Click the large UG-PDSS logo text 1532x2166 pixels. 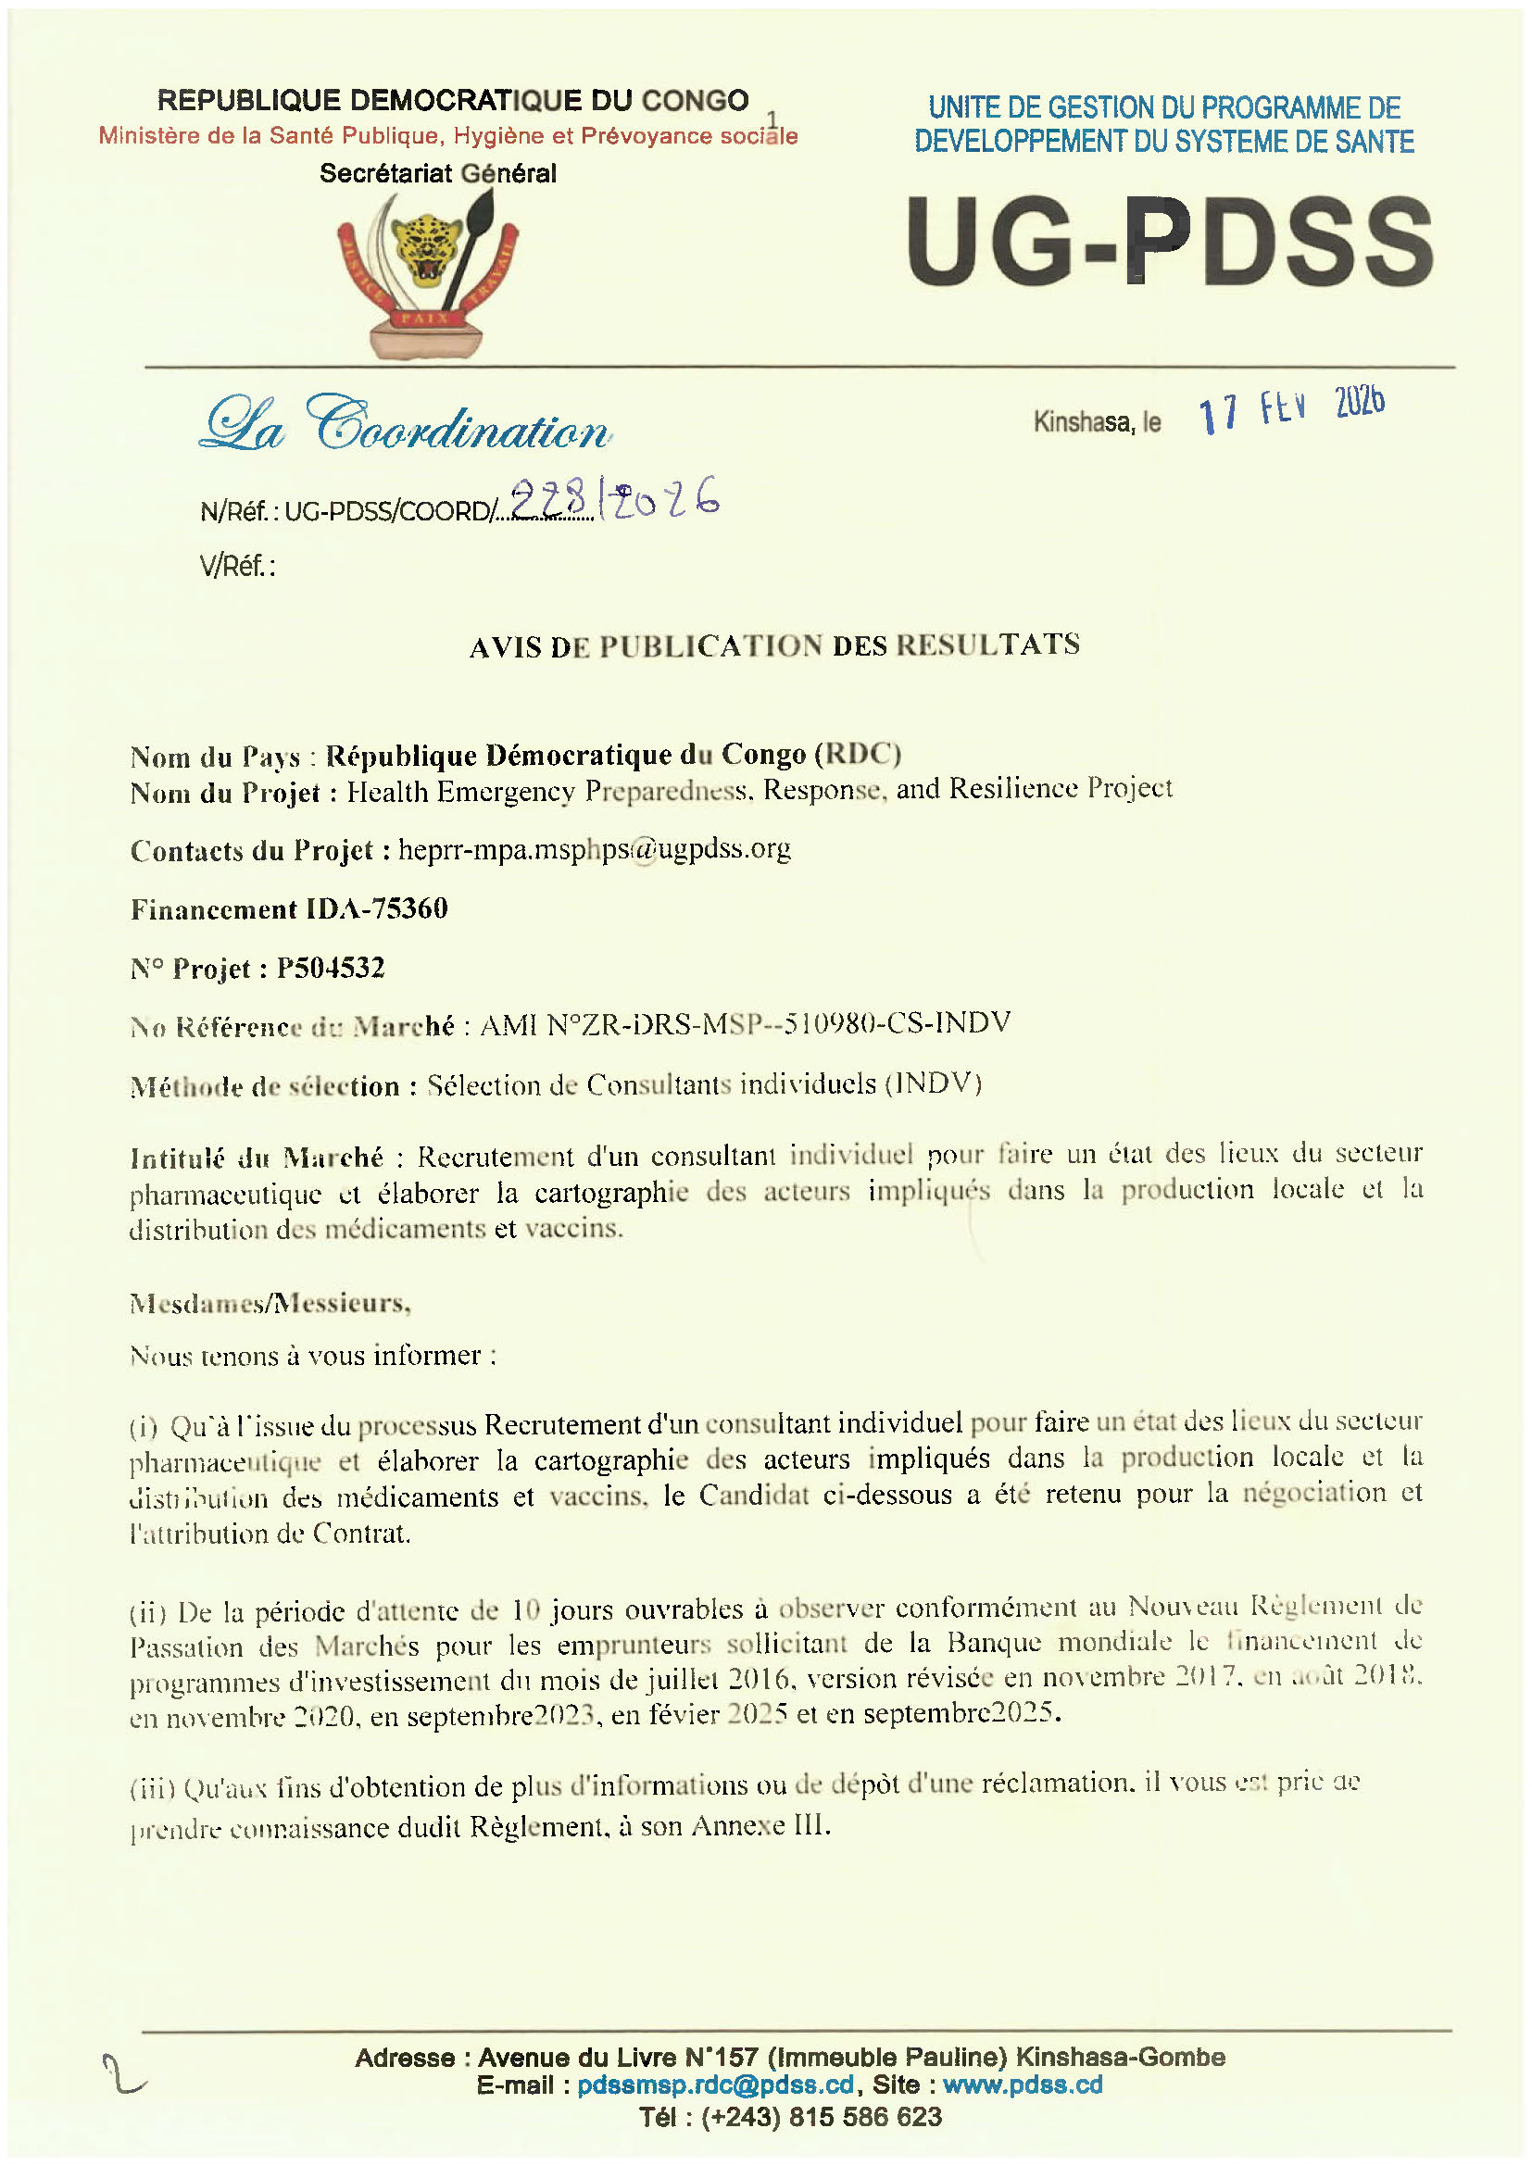[1169, 242]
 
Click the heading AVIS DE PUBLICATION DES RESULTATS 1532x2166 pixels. [774, 646]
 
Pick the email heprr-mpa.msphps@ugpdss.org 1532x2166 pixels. [595, 849]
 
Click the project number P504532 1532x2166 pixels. [330, 968]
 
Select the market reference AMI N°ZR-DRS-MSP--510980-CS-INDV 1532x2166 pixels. [746, 1023]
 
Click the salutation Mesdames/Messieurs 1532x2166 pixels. [270, 1304]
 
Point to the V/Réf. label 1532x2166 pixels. [237, 566]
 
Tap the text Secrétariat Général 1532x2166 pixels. [438, 173]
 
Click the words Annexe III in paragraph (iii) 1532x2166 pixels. [760, 1826]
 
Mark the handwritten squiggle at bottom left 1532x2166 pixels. [123, 2075]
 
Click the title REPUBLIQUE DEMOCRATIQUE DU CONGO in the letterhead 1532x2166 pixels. [453, 100]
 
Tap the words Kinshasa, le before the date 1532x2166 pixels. [1097, 421]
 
